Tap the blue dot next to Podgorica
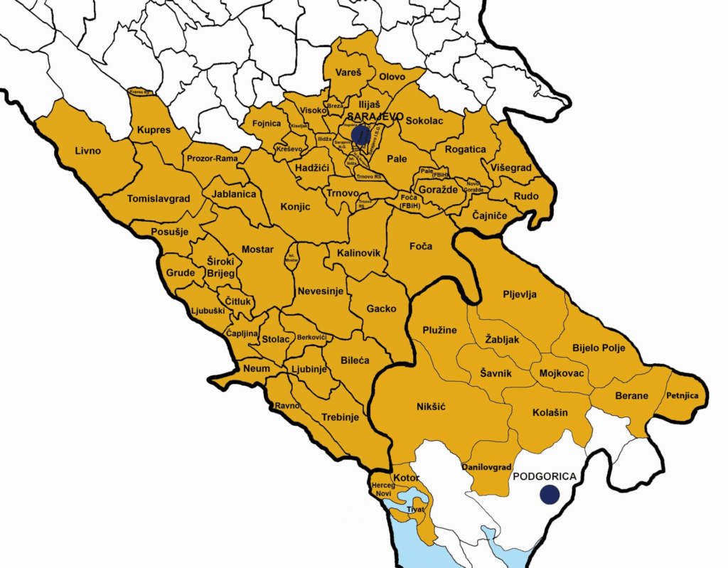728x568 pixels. point(549,495)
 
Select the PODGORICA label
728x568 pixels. point(543,477)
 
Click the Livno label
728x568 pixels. point(88,151)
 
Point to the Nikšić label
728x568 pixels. point(430,407)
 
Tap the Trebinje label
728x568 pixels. point(341,417)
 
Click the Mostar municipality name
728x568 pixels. point(257,250)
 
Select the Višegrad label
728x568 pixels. point(510,168)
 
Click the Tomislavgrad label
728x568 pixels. point(159,199)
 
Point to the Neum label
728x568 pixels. point(257,369)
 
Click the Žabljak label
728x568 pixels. point(502,340)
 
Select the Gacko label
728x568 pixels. point(382,309)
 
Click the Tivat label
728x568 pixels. point(416,509)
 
